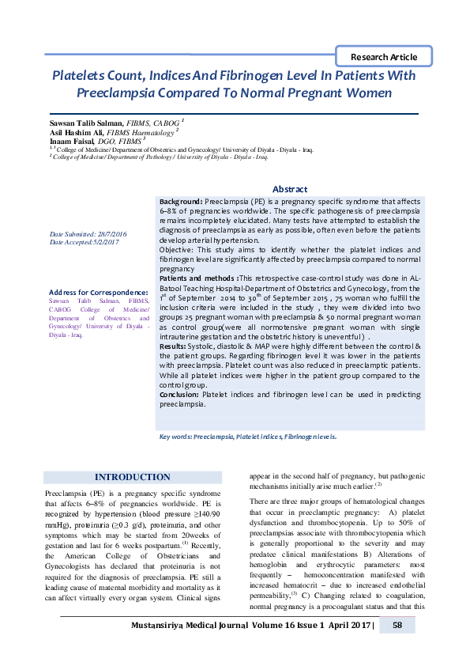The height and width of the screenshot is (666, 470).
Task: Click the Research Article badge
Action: pyautogui.click(x=383, y=57)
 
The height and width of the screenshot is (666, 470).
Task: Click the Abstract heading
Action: pyautogui.click(x=290, y=189)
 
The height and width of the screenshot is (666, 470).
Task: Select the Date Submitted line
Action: pyautogui.click(x=88, y=234)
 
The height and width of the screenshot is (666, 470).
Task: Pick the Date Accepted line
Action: pyautogui.click(x=85, y=241)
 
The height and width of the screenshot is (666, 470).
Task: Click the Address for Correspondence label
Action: pyautogui.click(x=98, y=293)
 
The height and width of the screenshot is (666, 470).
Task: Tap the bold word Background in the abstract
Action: pyautogui.click(x=180, y=202)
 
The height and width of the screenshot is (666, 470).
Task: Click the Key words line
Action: pyautogui.click(x=248, y=436)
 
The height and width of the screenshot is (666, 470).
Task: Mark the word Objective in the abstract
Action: pyautogui.click(x=179, y=249)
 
